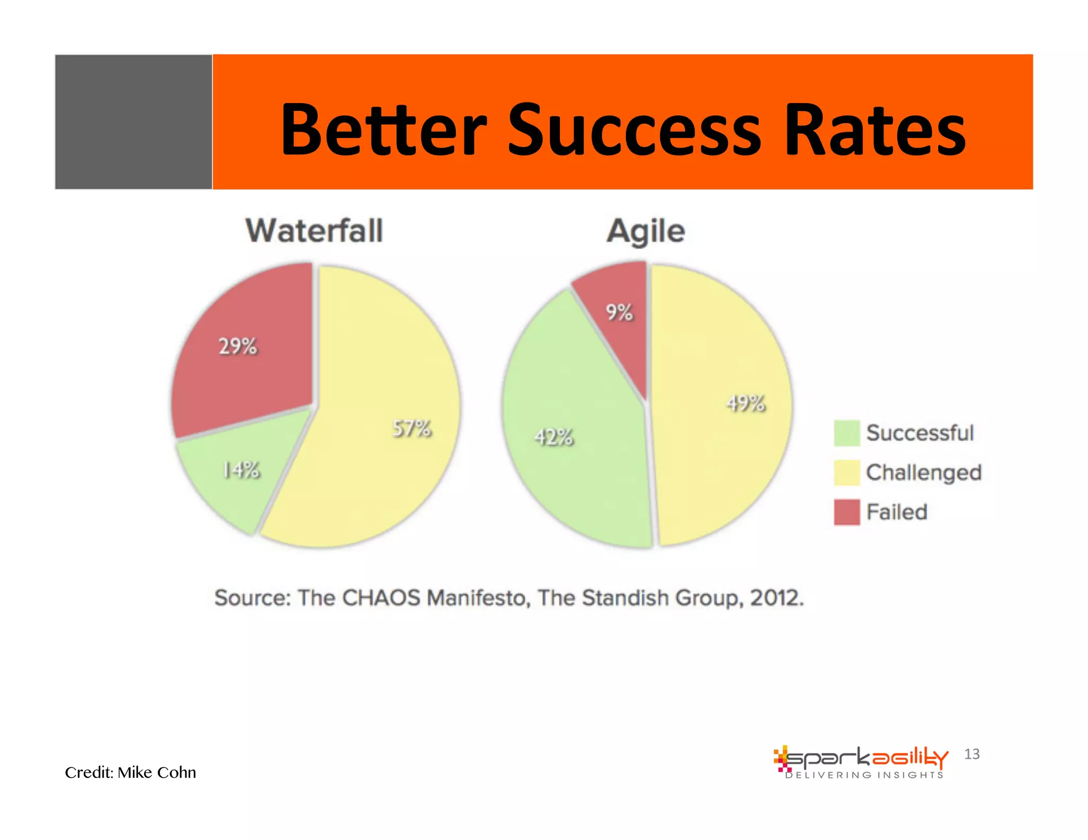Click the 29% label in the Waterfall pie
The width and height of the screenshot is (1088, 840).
(x=238, y=346)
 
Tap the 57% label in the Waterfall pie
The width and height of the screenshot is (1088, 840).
(x=412, y=428)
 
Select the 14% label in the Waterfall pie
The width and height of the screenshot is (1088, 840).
(x=241, y=470)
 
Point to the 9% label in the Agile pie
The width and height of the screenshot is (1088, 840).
(x=619, y=312)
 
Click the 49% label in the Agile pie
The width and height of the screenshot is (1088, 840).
(x=746, y=404)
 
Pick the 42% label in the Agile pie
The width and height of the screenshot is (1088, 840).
(x=554, y=437)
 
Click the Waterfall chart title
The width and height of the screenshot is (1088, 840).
(x=314, y=231)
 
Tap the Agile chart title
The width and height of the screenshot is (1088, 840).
(x=646, y=232)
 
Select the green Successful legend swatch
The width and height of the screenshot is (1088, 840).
(x=846, y=433)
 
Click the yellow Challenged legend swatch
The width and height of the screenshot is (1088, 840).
(x=846, y=473)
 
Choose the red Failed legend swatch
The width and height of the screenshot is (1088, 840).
(x=846, y=512)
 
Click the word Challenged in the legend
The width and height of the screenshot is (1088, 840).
(x=924, y=473)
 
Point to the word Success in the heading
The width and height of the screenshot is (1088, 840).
(x=634, y=130)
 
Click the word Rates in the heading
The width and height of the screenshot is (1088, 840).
(x=874, y=130)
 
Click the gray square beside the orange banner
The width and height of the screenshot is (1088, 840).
(x=133, y=122)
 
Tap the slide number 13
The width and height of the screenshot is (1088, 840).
(x=972, y=754)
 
